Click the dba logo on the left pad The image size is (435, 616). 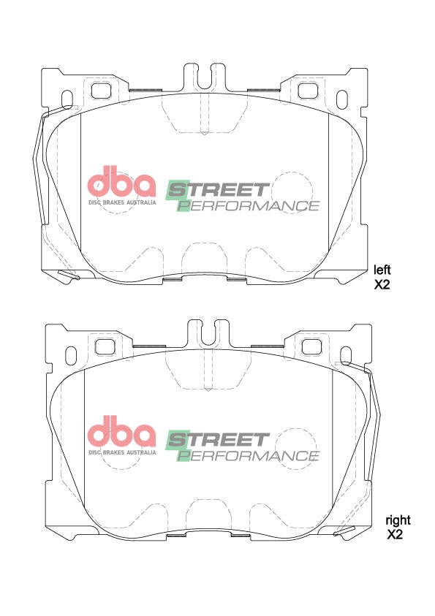click(121, 183)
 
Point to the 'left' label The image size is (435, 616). click(382, 269)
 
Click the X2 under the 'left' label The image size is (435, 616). click(382, 284)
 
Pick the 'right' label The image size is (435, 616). click(398, 520)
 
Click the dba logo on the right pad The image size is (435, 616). click(121, 434)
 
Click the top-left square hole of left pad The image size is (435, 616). click(101, 89)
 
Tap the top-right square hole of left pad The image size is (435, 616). click(306, 89)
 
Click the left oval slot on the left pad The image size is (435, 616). click(68, 99)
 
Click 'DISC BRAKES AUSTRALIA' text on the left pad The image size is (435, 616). click(122, 202)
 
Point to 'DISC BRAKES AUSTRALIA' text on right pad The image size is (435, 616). click(122, 452)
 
